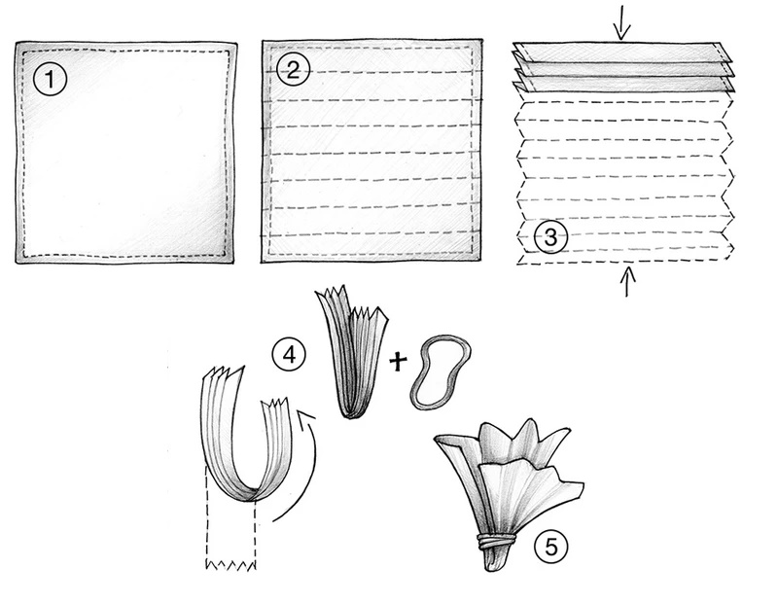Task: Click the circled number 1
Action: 50,80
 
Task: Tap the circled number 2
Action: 293,70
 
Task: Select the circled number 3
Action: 550,237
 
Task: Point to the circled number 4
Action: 289,355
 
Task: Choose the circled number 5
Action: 551,547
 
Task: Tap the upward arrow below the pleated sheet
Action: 627,281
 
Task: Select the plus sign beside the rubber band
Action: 398,361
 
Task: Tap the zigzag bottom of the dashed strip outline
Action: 231,565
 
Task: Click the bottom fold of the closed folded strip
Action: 351,412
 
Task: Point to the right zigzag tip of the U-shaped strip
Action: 277,403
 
